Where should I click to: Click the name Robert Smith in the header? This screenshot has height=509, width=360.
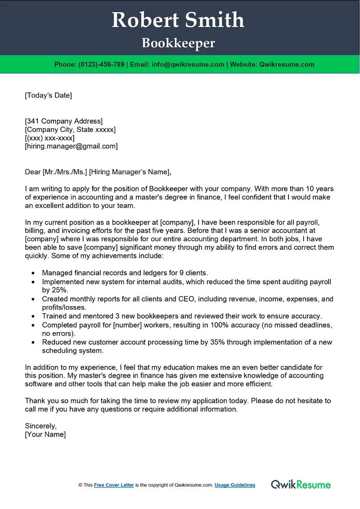pos(178,20)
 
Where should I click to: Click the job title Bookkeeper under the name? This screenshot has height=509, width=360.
pos(178,43)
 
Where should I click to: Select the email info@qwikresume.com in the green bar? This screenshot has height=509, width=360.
pos(188,64)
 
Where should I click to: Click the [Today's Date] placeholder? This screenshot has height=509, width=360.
pos(48,95)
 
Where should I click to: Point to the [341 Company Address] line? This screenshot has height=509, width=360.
pos(63,121)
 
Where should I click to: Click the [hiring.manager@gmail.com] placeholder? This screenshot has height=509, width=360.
pos(71,146)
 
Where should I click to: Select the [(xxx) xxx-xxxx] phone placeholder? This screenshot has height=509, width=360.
pos(49,138)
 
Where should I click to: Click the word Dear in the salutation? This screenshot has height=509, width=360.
pos(33,171)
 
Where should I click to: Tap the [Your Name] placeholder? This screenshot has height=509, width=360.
pos(45,434)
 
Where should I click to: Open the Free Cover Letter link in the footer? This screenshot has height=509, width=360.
pos(114,485)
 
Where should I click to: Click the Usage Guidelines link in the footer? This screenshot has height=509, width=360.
pos(235,485)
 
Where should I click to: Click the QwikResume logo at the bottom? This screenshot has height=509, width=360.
pos(301,485)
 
